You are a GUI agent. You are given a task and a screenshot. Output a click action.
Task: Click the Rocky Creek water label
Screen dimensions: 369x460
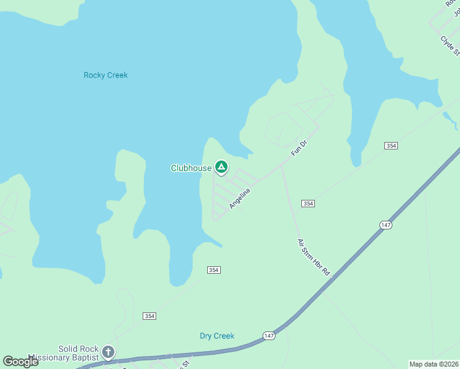106,75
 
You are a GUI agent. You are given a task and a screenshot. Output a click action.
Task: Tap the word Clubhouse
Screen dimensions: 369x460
191,168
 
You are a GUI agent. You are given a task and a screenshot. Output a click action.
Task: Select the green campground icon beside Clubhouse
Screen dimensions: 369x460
221,167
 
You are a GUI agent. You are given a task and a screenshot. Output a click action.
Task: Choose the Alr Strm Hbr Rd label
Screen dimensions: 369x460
314,257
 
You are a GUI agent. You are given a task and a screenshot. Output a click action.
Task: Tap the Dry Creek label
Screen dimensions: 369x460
217,336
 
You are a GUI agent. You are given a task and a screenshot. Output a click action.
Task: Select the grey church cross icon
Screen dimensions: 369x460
108,352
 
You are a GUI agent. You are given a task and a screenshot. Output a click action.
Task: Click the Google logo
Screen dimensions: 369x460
21,361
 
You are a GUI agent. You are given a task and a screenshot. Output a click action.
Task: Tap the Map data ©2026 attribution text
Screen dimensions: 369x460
434,364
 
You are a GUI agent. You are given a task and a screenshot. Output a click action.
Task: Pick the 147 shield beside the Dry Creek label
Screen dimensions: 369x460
268,335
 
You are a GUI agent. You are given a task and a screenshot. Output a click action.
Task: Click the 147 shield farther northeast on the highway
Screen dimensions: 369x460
386,226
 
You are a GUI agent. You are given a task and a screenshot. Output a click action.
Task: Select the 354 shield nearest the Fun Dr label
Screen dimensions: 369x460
391,146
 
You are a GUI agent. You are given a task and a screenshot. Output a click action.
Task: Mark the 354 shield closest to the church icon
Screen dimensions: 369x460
149,315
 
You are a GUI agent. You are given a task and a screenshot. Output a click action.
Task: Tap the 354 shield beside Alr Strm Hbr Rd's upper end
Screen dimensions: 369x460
308,204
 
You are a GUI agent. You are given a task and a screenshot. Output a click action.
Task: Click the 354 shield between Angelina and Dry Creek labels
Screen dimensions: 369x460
214,270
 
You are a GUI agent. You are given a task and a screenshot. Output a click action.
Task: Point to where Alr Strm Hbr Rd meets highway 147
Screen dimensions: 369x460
332,279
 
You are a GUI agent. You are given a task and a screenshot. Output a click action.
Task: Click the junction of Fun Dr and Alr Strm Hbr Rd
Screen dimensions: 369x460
282,165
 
